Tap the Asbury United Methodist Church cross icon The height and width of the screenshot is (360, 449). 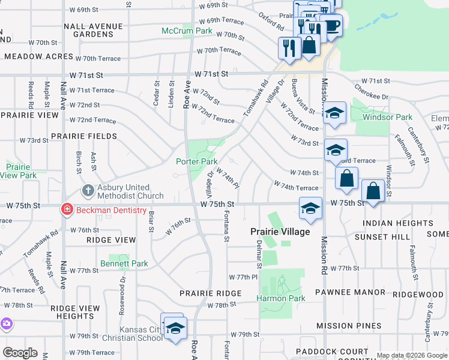(88, 191)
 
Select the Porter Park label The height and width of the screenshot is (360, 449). (196, 161)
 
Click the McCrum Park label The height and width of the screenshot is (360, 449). (187, 31)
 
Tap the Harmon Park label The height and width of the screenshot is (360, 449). (281, 298)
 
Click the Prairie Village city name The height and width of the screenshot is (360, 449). (280, 232)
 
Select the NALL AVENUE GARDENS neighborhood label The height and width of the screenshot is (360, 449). (93, 30)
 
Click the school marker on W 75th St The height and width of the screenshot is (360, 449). (310, 208)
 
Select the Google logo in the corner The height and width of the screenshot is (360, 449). (20, 353)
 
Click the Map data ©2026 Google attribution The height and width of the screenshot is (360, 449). (412, 355)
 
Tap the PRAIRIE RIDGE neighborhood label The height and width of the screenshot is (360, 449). (210, 293)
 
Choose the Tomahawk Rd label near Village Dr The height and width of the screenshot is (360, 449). (254, 98)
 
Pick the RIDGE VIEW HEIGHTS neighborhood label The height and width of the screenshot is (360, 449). (75, 312)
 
